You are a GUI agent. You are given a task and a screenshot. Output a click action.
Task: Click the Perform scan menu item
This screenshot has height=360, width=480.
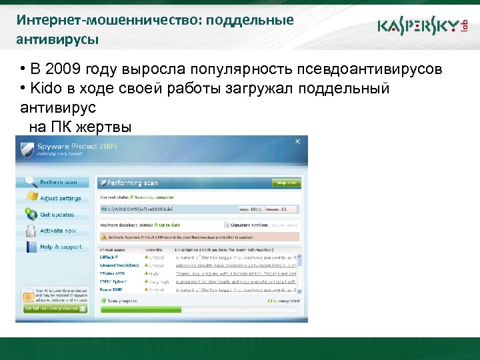(x=58, y=182)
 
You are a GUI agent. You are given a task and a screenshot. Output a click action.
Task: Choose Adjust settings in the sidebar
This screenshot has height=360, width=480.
(x=60, y=198)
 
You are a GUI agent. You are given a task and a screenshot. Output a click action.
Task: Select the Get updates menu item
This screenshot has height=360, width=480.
(x=57, y=215)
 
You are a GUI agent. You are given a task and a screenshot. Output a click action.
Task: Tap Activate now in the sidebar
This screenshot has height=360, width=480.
(x=58, y=231)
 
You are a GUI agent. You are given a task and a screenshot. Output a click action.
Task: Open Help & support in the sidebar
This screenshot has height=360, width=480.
(x=61, y=247)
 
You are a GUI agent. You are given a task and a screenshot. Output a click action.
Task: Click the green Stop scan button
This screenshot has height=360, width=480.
(x=287, y=183)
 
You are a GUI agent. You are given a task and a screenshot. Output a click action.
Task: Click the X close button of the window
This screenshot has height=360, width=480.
(x=297, y=141)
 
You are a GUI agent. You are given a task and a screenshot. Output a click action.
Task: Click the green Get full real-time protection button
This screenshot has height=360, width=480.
(x=55, y=308)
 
